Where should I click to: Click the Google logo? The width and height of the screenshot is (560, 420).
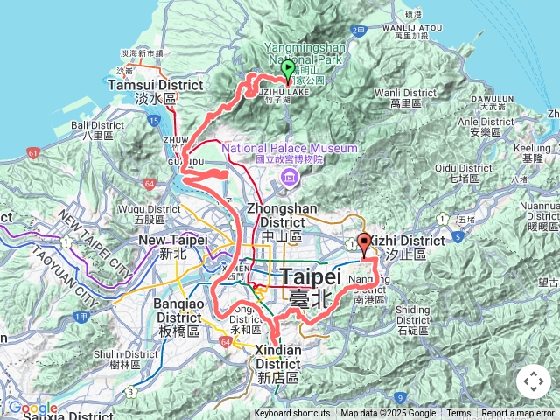31,409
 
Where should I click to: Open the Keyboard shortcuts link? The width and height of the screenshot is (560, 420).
292,414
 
